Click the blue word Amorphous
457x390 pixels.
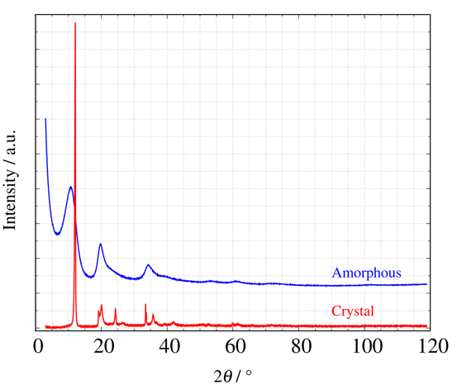coord(367,273)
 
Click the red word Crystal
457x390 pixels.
coord(353,311)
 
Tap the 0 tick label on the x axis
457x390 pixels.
coord(38,346)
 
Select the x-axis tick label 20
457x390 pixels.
coord(103,346)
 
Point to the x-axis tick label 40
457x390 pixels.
coord(169,346)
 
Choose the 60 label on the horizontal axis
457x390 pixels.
coord(234,346)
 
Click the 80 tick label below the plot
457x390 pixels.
coord(299,346)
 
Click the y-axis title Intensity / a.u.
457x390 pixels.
coord(12,178)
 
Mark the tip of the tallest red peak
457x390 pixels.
coord(75,23)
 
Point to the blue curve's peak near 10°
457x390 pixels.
coord(70,187)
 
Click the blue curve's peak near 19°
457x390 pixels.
coord(100,244)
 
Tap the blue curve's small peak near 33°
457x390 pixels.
coord(148,265)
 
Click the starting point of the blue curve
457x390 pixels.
coord(45,119)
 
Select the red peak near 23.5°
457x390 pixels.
coord(115,309)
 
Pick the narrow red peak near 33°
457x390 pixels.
coord(145,305)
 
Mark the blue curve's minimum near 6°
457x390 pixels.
coord(57,234)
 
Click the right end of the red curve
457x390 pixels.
coord(427,326)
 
